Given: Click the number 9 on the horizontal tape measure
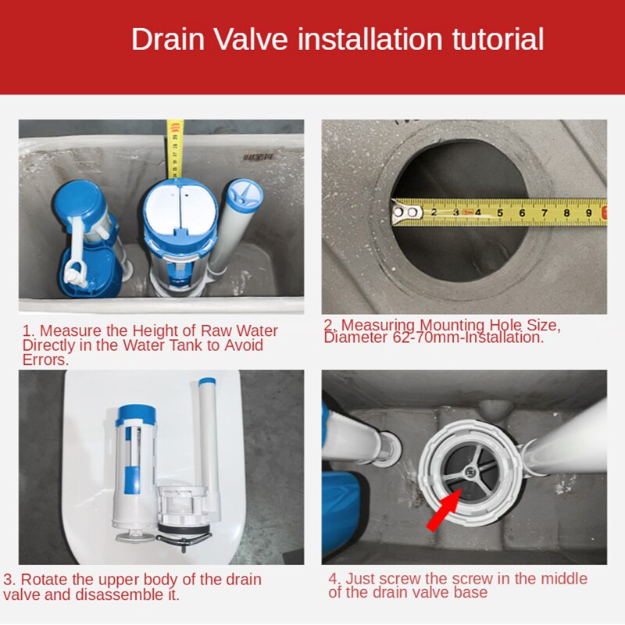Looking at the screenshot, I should pyautogui.click(x=588, y=212).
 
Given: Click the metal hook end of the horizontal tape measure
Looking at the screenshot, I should pyautogui.click(x=403, y=212).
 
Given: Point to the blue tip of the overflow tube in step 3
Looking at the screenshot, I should pyautogui.click(x=207, y=384).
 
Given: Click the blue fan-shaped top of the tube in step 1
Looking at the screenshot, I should pyautogui.click(x=245, y=194).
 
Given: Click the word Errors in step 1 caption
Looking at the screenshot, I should pyautogui.click(x=45, y=360).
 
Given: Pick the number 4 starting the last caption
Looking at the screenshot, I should pyautogui.click(x=333, y=579).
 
